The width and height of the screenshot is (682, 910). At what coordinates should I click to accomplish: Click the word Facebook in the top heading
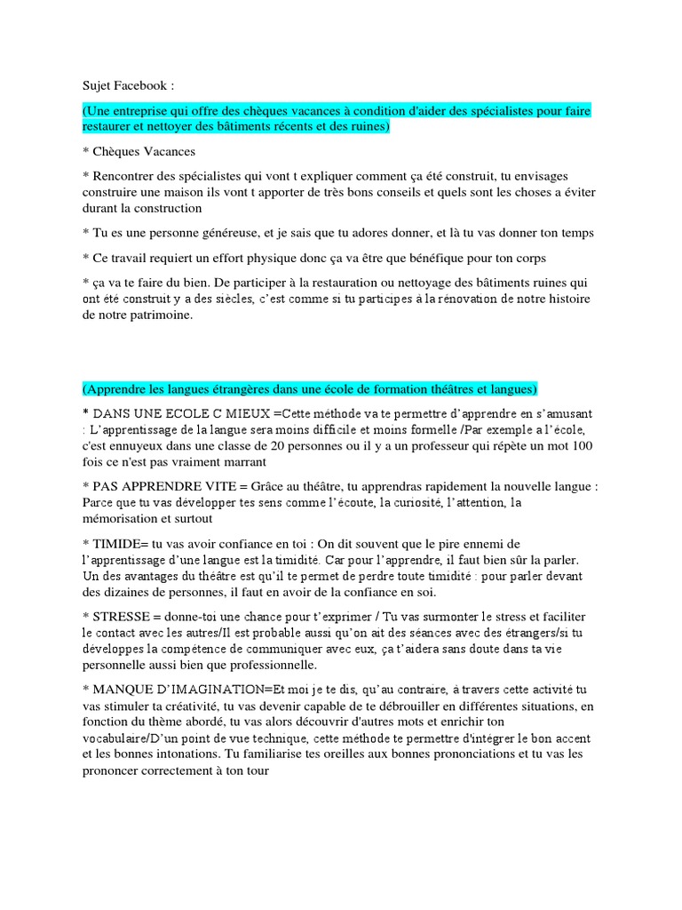(142, 86)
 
